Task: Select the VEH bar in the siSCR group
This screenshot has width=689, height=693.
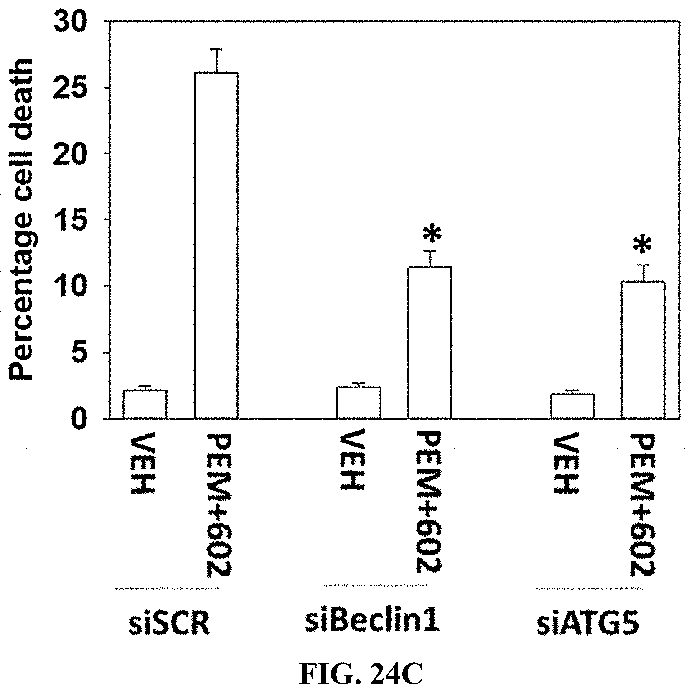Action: pyautogui.click(x=145, y=404)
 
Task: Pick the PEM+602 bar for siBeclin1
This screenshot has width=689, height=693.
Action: pyautogui.click(x=430, y=343)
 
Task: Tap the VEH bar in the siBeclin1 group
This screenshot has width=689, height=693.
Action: pyautogui.click(x=358, y=403)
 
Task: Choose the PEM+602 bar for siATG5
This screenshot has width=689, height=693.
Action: pyautogui.click(x=643, y=350)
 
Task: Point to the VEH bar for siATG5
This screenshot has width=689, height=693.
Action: pyautogui.click(x=572, y=406)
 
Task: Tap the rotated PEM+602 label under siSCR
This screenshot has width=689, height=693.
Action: pyautogui.click(x=218, y=506)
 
